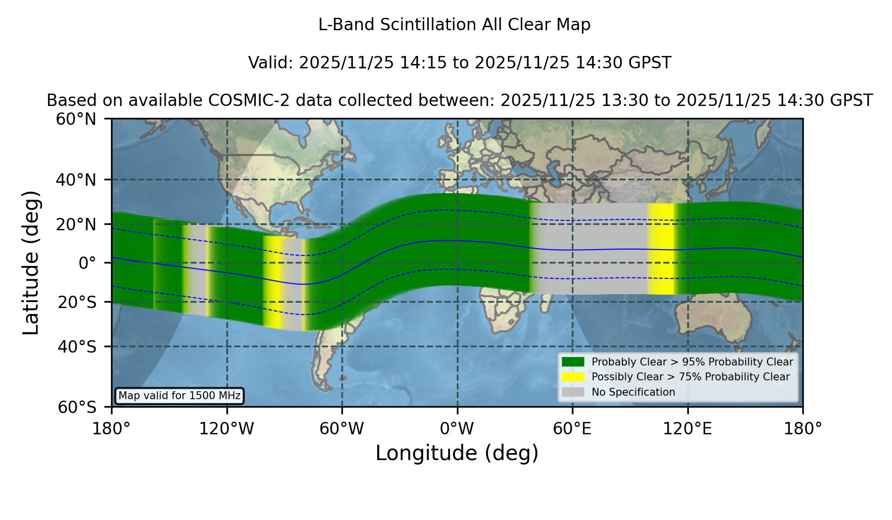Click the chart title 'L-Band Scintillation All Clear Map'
pos(454,24)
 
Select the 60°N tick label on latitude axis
pos(76,119)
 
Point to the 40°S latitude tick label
pos(77,347)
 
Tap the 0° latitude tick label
pos(87,263)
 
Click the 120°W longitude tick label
pos(226,429)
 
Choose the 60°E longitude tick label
pos(572,429)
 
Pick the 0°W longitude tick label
pos(457,429)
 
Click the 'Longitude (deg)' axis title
pos(457,453)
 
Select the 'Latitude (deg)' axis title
pos(31,262)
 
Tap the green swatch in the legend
pos(573,362)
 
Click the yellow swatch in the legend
pos(573,377)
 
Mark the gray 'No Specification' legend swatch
pos(573,392)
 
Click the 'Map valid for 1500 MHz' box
pos(179,396)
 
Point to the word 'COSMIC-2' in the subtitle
pos(240,101)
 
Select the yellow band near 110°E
pos(661,249)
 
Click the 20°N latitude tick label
pos(76,224)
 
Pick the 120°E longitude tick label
pos(687,429)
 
